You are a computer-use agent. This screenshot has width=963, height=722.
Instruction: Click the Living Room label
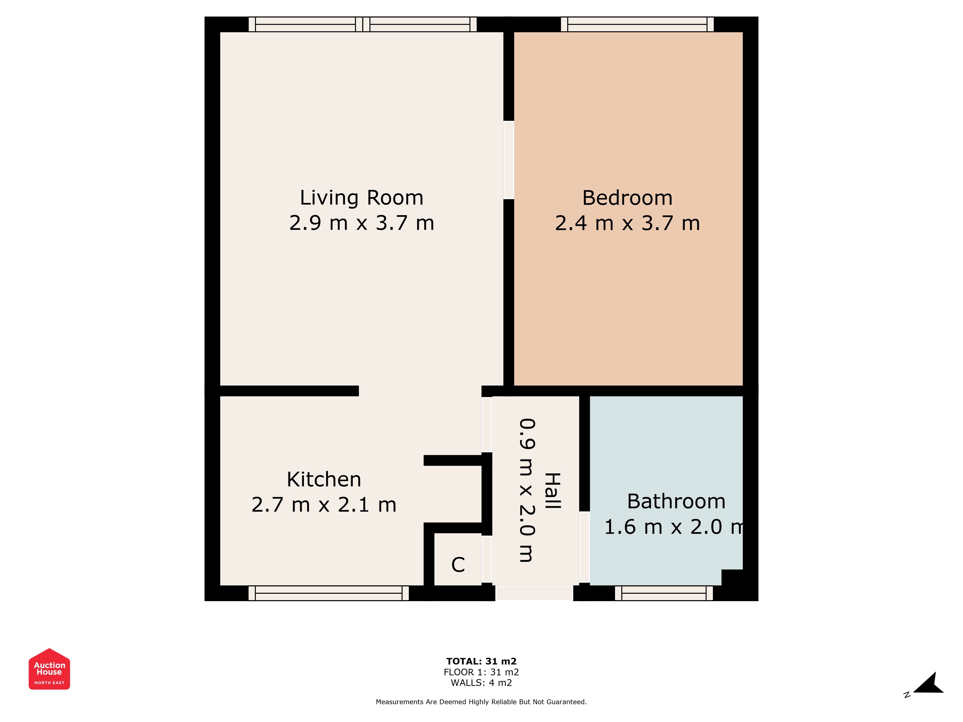[361, 198]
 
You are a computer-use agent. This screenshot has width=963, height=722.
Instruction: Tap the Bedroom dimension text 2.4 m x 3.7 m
[627, 223]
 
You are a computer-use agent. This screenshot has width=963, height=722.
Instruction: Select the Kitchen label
[324, 480]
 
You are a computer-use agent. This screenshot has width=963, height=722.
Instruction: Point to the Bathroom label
[676, 501]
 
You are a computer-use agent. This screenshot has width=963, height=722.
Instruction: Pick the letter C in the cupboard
[458, 565]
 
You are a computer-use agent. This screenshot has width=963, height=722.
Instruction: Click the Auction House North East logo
[49, 669]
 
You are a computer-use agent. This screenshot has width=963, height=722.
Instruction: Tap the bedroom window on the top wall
[637, 24]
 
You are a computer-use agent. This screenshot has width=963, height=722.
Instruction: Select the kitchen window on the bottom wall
[329, 593]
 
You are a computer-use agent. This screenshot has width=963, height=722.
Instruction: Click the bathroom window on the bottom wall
[664, 593]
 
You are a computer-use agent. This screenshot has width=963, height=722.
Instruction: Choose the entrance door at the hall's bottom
[534, 593]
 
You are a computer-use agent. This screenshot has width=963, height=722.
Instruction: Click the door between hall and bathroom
[584, 547]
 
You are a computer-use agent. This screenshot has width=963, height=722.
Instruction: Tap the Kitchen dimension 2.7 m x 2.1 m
[324, 505]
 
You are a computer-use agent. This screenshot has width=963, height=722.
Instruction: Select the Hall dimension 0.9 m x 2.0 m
[527, 490]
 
